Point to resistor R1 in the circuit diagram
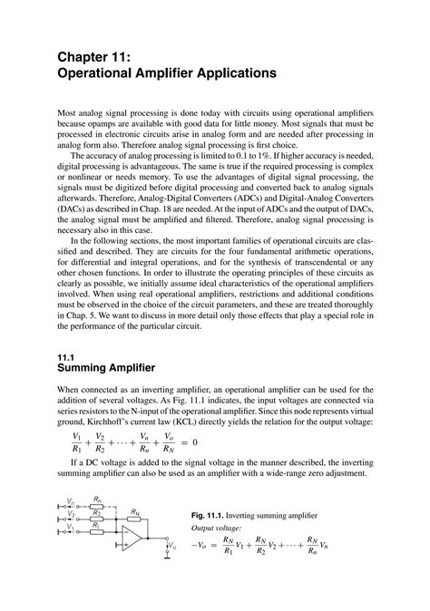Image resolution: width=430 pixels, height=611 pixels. click(x=96, y=529)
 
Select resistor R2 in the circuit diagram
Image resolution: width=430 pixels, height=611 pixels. click(x=96, y=518)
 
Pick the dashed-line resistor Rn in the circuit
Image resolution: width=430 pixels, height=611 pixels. click(x=97, y=504)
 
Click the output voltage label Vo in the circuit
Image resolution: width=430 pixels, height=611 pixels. click(x=171, y=545)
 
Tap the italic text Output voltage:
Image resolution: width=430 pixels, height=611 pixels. click(x=216, y=528)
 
